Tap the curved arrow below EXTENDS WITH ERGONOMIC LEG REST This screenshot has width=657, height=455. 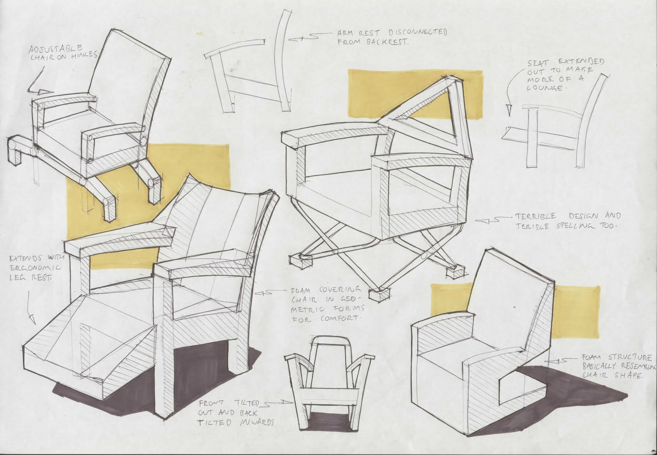pos(30,307)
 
